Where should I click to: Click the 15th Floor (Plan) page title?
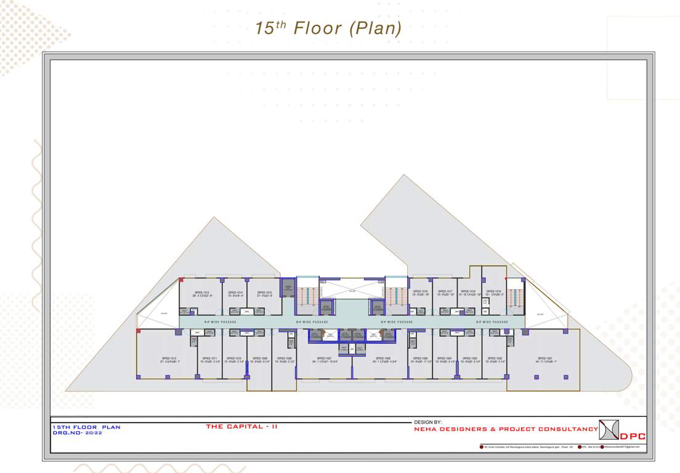(x=328, y=28)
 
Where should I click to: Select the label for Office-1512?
(x=169, y=359)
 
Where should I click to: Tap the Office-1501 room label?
(x=544, y=359)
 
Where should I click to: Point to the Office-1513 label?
(x=203, y=293)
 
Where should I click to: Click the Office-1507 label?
(x=325, y=359)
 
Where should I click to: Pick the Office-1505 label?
(x=421, y=359)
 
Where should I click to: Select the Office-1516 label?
(x=421, y=293)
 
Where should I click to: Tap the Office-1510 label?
(x=235, y=359)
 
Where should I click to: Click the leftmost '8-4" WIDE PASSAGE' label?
(x=220, y=321)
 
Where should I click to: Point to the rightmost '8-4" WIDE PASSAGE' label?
(x=492, y=321)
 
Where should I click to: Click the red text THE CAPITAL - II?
(x=242, y=426)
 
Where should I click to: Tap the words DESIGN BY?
(x=429, y=422)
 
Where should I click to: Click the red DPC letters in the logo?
(x=633, y=437)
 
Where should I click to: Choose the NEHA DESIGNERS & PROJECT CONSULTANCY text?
(x=506, y=429)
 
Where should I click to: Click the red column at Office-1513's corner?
(x=181, y=280)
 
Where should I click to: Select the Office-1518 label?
(x=469, y=293)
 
